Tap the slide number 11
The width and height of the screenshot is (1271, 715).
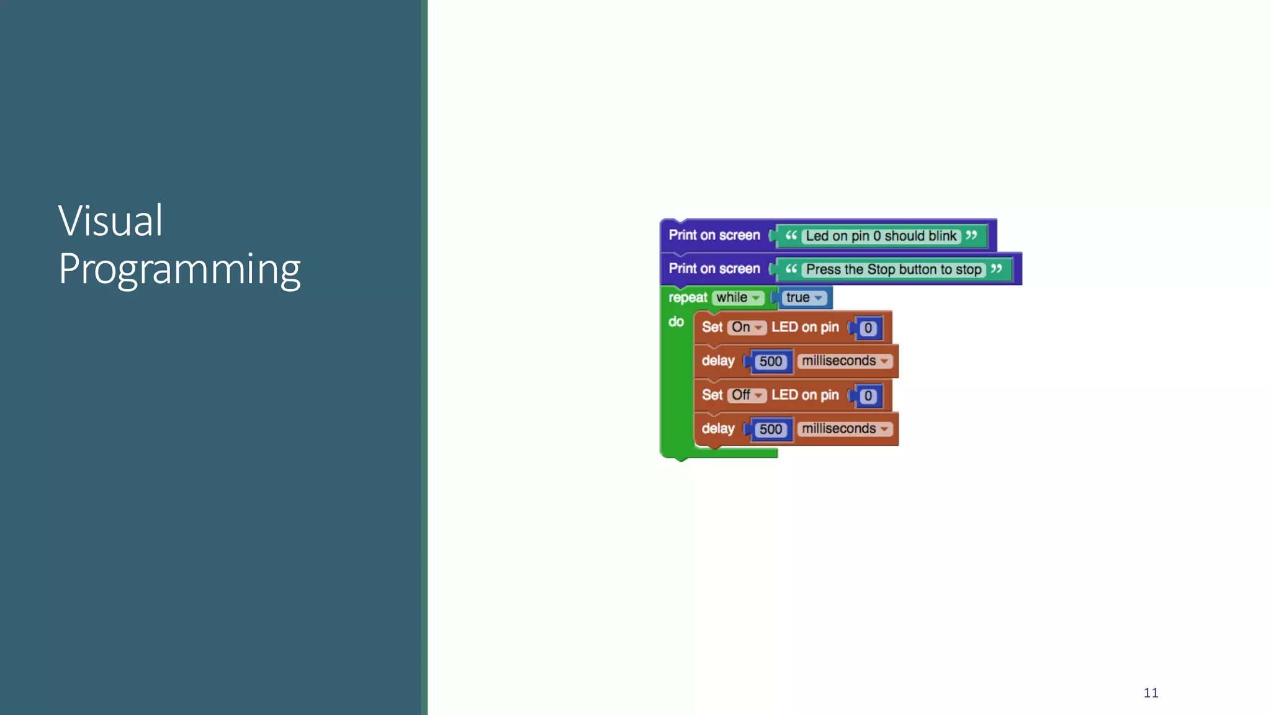point(1151,693)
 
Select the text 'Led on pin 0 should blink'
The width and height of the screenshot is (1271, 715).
point(881,236)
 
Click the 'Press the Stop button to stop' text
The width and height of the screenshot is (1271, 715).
point(893,269)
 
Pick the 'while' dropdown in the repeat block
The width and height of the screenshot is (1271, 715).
point(737,298)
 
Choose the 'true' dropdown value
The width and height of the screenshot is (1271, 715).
point(803,298)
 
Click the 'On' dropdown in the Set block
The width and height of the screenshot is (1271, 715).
point(747,327)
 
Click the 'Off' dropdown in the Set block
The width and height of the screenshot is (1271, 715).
point(747,395)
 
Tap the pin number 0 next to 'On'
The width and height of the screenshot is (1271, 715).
point(868,328)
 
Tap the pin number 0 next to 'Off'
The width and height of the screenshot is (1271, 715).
point(868,395)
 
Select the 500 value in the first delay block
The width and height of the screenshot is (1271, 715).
point(771,361)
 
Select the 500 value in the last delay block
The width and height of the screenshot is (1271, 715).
point(771,429)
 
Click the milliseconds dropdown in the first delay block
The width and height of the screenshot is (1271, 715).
point(845,361)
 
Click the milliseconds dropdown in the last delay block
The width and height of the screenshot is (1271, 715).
point(845,428)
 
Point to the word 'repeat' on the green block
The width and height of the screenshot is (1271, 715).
point(688,298)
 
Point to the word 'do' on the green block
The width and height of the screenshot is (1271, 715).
point(676,322)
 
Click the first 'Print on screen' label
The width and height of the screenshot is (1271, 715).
point(714,235)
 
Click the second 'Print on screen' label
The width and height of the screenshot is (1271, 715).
point(714,269)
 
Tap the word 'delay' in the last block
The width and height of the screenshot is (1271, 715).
point(718,428)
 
